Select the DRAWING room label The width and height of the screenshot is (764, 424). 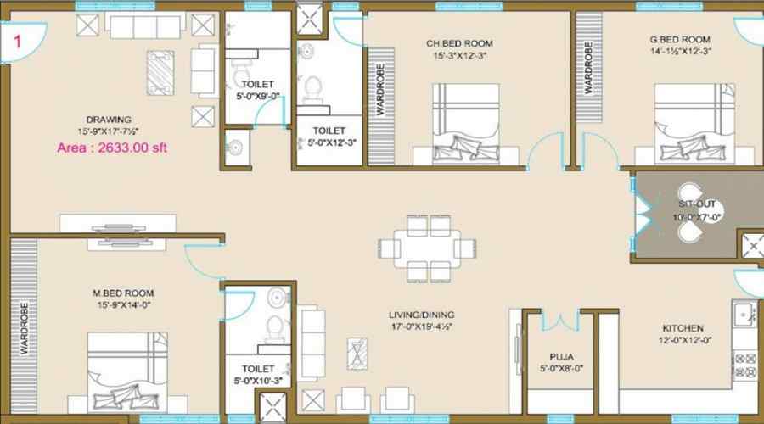point(108,120)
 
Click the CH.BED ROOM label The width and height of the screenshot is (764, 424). point(459,43)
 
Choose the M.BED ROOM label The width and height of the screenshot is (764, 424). point(123,293)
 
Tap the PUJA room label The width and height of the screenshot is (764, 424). point(555,357)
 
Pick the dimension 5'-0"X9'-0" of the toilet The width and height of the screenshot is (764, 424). point(256,95)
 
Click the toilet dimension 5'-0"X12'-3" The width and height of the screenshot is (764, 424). point(328,142)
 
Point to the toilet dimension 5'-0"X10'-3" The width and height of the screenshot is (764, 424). point(257,381)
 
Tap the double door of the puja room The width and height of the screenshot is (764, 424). point(555,321)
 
